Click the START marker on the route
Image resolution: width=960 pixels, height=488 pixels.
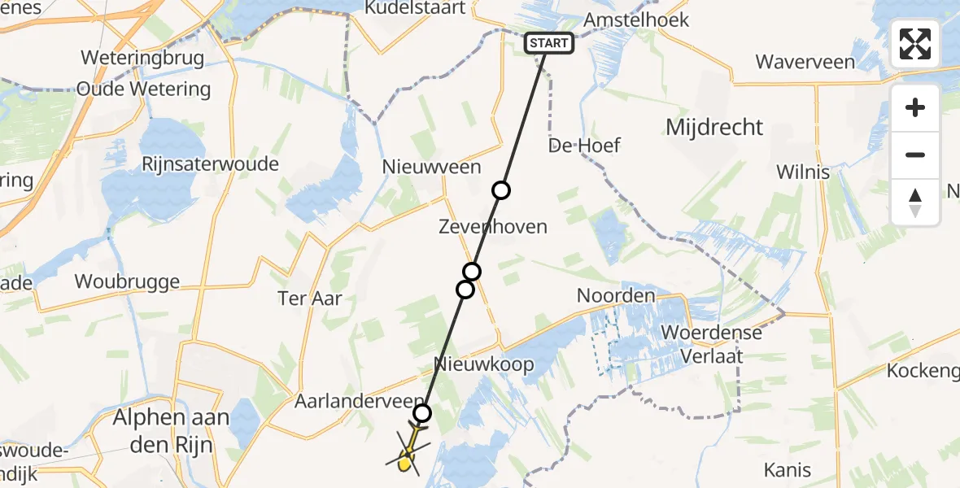coord(549,43)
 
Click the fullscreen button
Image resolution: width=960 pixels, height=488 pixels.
coord(915,44)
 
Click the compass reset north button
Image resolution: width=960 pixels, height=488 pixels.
coord(915,203)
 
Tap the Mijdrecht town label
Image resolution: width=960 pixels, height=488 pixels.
coord(714,127)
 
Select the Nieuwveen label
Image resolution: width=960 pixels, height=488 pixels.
coord(432,167)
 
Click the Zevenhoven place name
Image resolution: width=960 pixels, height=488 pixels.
coord(493,226)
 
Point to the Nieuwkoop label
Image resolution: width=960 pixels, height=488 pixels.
coord(484,364)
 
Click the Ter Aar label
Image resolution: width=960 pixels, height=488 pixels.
coord(310,298)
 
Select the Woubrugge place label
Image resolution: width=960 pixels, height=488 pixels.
coord(126,281)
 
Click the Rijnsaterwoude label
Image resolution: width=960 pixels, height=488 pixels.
coord(210,164)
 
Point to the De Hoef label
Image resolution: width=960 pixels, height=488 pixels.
coord(584,146)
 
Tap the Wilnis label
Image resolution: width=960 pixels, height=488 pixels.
coord(803,172)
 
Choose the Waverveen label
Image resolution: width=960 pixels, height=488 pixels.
coord(805,62)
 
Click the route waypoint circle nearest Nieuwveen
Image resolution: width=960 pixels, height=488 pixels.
coord(501,190)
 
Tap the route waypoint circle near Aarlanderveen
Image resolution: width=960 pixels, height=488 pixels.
coord(421,412)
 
